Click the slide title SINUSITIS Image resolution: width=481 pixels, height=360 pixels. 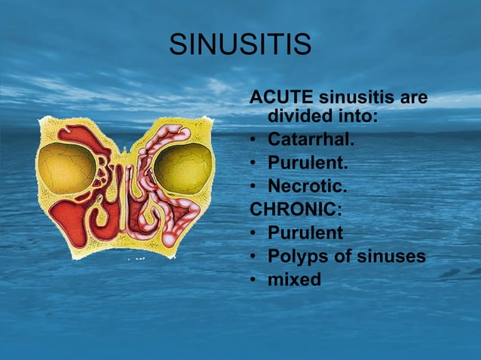click(240, 44)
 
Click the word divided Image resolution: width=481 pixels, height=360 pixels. click(301, 118)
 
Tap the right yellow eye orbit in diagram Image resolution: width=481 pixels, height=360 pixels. click(182, 168)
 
